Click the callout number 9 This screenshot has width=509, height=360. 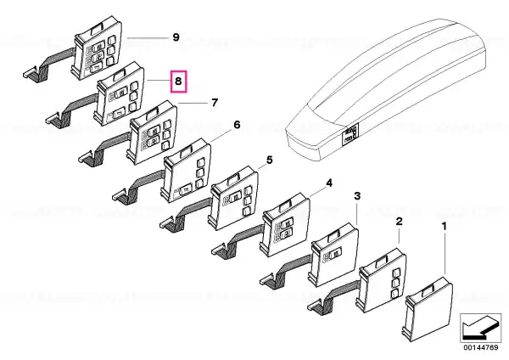point(176,37)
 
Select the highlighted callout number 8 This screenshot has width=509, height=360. point(178,81)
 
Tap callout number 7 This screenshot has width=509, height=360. point(215,103)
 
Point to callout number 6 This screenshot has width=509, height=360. point(237,125)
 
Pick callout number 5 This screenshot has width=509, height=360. point(270,160)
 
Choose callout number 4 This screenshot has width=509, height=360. point(329,183)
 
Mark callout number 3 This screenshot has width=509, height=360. point(357,196)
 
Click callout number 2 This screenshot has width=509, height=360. point(399,222)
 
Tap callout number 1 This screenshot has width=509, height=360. point(445,226)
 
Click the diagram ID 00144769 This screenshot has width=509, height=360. point(480,347)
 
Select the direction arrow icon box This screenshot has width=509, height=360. point(480,328)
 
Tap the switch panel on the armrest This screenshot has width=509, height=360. point(350,134)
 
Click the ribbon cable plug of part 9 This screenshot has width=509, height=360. point(31,73)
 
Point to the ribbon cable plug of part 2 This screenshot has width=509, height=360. point(316,305)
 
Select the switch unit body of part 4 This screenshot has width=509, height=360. point(285,224)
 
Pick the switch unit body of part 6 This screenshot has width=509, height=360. point(186,171)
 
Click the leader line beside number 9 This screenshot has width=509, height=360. point(148,38)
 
